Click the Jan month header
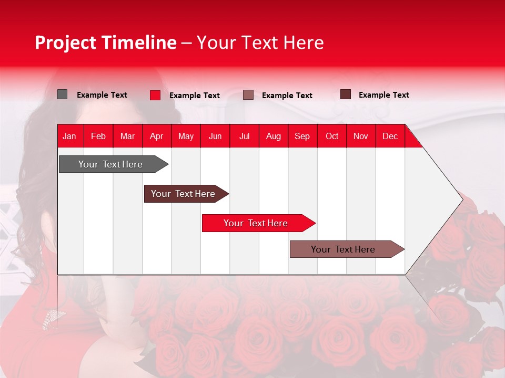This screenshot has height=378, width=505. pyautogui.click(x=69, y=136)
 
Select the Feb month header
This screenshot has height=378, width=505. pyautogui.click(x=98, y=136)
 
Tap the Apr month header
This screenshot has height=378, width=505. pyautogui.click(x=156, y=136)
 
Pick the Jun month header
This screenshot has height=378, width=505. pyautogui.click(x=215, y=136)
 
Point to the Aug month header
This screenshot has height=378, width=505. pyautogui.click(x=273, y=136)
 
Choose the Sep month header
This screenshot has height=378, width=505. pyautogui.click(x=302, y=136)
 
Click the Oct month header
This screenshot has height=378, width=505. pyautogui.click(x=332, y=136)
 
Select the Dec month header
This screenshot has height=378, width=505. pyautogui.click(x=390, y=136)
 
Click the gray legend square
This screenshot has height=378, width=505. pyautogui.click(x=63, y=94)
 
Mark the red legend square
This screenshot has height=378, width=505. pyautogui.click(x=155, y=95)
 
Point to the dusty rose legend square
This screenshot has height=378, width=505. pyautogui.click(x=248, y=95)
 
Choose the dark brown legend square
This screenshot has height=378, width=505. pyautogui.click(x=346, y=94)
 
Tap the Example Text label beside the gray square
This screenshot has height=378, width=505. pyautogui.click(x=102, y=95)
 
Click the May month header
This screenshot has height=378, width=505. pyautogui.click(x=186, y=136)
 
